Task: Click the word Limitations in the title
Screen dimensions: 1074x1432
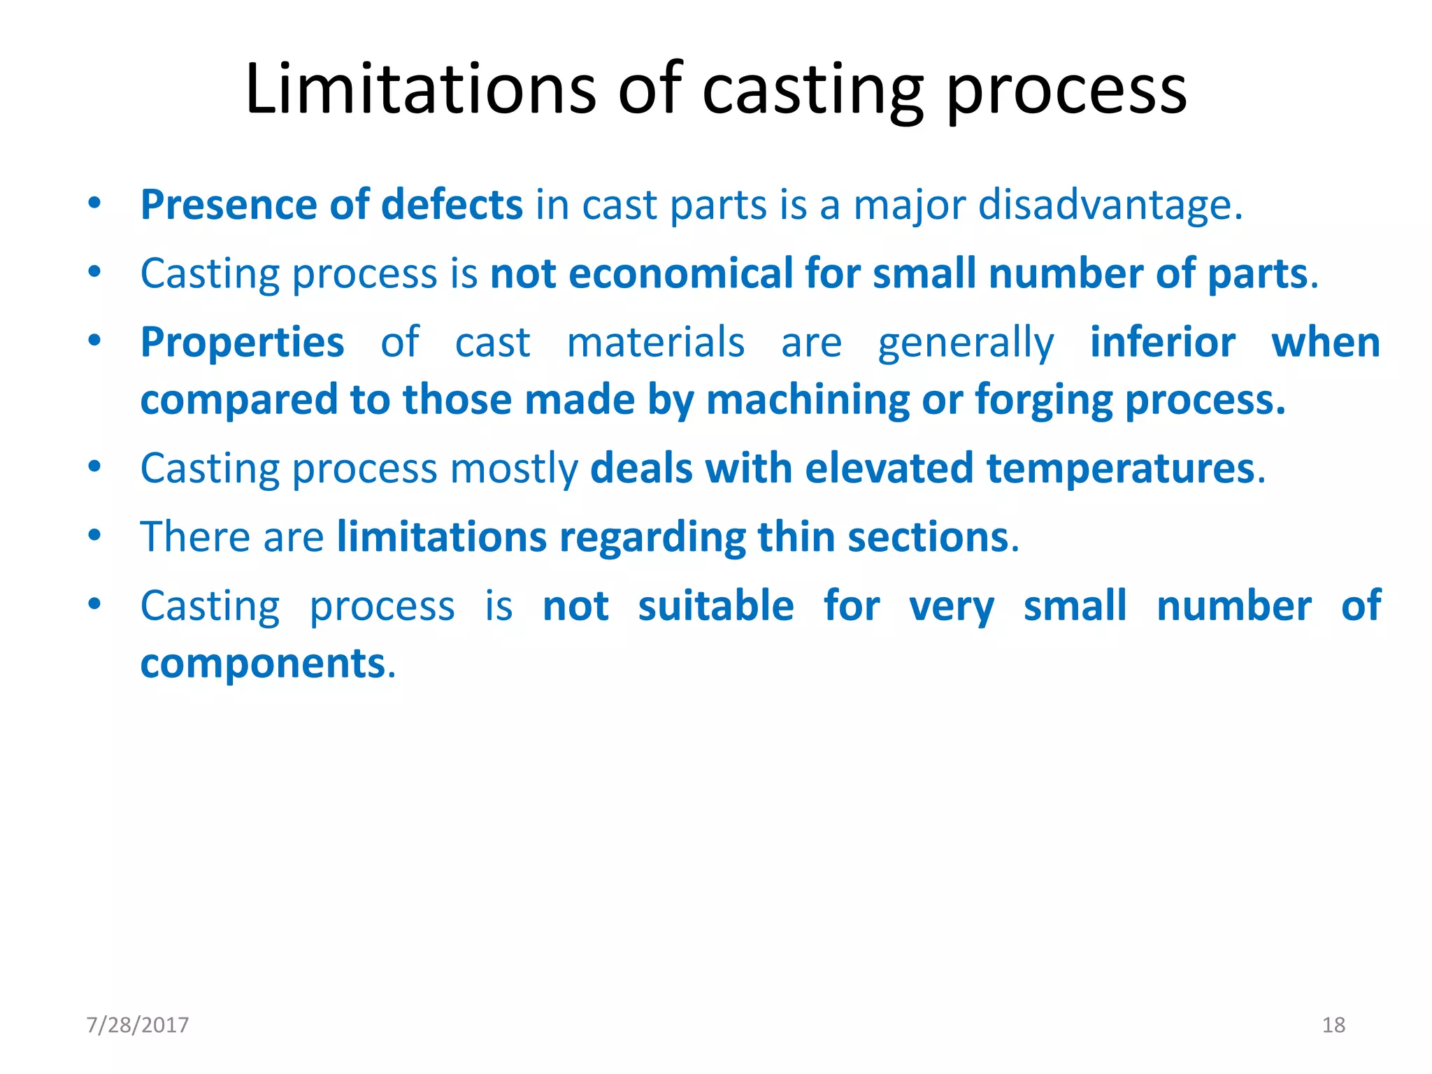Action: click(420, 89)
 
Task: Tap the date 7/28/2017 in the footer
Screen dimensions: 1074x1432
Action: click(137, 1025)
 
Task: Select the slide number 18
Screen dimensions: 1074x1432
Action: click(1333, 1025)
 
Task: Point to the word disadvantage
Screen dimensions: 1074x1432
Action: click(1110, 206)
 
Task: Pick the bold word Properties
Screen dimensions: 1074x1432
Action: click(242, 343)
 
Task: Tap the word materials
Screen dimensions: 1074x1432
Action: click(655, 343)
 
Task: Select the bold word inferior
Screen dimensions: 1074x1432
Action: click(1162, 343)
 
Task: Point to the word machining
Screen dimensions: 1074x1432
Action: click(808, 401)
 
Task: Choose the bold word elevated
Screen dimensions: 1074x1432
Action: click(889, 468)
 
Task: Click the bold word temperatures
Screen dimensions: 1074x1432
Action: click(1120, 469)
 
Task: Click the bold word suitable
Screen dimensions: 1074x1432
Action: click(715, 606)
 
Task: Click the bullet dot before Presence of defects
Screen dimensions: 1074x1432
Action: click(94, 203)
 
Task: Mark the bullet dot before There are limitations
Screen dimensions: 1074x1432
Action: click(94, 536)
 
